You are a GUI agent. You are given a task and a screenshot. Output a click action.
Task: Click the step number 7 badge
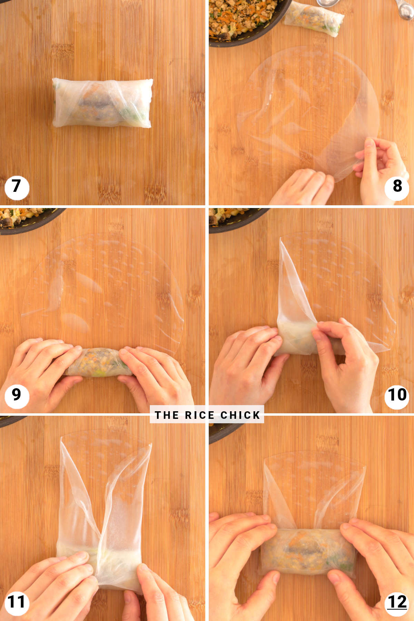[x=17, y=187]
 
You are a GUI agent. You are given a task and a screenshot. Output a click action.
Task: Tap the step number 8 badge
[x=397, y=187]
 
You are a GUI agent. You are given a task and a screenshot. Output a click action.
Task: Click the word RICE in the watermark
[x=200, y=415]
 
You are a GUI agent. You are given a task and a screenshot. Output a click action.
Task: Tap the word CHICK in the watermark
[x=240, y=415]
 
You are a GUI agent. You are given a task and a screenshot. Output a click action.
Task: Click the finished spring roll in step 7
[x=102, y=103]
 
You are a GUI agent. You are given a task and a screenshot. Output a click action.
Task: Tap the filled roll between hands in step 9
[x=98, y=362]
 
